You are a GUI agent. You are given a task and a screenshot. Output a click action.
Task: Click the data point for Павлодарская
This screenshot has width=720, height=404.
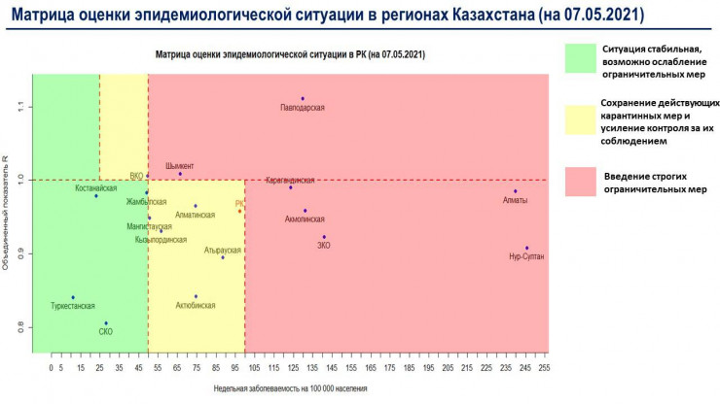tap(303, 98)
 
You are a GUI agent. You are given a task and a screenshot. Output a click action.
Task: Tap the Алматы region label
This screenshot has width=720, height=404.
tap(515, 200)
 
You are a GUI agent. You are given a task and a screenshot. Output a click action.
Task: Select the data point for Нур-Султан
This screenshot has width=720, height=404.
tap(526, 248)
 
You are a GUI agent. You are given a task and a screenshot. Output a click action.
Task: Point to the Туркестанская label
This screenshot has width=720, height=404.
tap(73, 306)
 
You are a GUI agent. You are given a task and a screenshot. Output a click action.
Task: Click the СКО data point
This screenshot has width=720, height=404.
tap(106, 323)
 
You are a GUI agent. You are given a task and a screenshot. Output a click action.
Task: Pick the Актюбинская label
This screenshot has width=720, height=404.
tap(196, 305)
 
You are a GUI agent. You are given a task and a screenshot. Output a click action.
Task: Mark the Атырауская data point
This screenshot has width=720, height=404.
tap(223, 257)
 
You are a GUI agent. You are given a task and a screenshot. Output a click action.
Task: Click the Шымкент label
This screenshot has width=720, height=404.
tap(179, 166)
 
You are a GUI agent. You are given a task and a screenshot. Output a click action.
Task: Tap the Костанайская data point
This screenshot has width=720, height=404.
tap(96, 196)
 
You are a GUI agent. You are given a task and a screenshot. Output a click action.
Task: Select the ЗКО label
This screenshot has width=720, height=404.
tap(324, 246)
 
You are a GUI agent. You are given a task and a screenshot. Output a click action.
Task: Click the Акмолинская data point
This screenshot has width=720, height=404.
tap(305, 210)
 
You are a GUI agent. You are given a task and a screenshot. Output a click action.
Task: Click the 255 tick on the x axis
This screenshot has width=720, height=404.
tap(543, 368)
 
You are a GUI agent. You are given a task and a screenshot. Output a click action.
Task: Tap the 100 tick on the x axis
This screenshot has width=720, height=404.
tap(244, 368)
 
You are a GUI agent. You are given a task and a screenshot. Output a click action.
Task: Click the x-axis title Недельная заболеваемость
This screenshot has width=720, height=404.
tap(291, 387)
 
